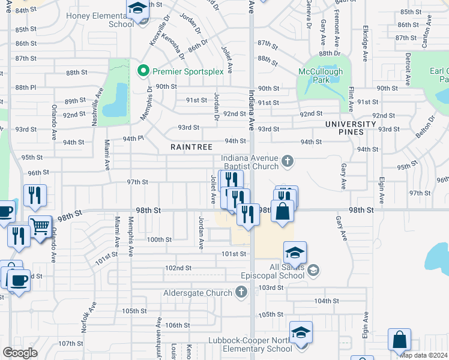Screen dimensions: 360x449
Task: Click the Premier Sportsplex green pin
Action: [x=143, y=71]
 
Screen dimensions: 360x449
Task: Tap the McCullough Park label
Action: [x=322, y=75]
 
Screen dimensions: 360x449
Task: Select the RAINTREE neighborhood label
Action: [x=190, y=146]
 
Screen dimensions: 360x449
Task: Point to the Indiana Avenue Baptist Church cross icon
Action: [x=288, y=160]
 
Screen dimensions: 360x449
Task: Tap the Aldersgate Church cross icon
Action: [x=241, y=293]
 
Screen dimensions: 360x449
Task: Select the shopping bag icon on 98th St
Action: [x=282, y=212]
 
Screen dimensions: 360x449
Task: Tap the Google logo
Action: [x=20, y=353]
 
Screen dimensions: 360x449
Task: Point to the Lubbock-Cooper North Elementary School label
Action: [x=249, y=344]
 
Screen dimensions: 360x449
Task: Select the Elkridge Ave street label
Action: [x=365, y=43]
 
